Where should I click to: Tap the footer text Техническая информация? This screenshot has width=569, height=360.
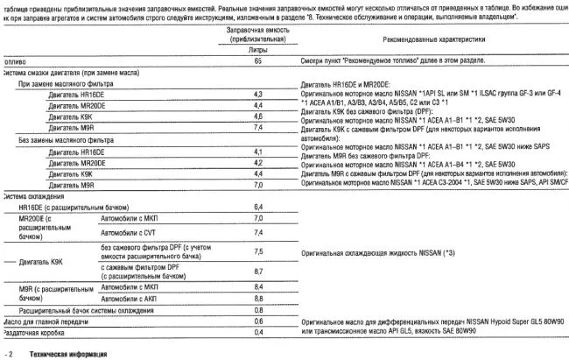point(66,353)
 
